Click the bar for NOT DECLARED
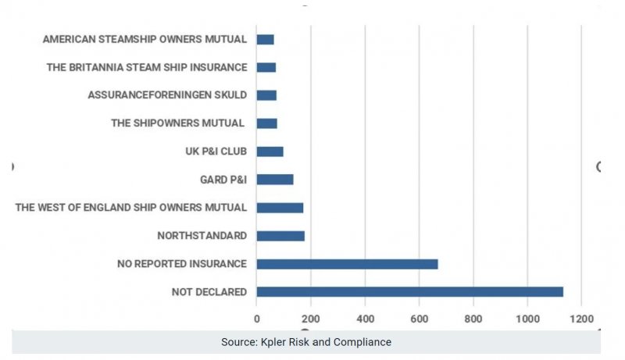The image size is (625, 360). click(409, 291)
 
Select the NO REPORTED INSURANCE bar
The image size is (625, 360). click(347, 264)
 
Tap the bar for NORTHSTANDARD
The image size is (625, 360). click(280, 236)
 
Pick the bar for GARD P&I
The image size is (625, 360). click(275, 180)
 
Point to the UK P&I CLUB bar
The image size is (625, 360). click(270, 151)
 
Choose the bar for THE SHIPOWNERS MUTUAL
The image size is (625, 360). click(266, 123)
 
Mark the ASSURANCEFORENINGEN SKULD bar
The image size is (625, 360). click(266, 95)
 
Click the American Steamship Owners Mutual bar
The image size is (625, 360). click(265, 39)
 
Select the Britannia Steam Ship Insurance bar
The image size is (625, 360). click(266, 67)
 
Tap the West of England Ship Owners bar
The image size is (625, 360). click(280, 208)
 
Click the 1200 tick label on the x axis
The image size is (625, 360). click(581, 319)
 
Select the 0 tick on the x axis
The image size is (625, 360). click(257, 319)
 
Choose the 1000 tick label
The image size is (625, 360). click(527, 319)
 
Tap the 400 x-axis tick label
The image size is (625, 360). click(365, 319)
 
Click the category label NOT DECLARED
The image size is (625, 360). click(209, 292)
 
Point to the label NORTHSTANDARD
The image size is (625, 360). click(202, 236)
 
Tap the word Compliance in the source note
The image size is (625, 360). click(362, 342)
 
